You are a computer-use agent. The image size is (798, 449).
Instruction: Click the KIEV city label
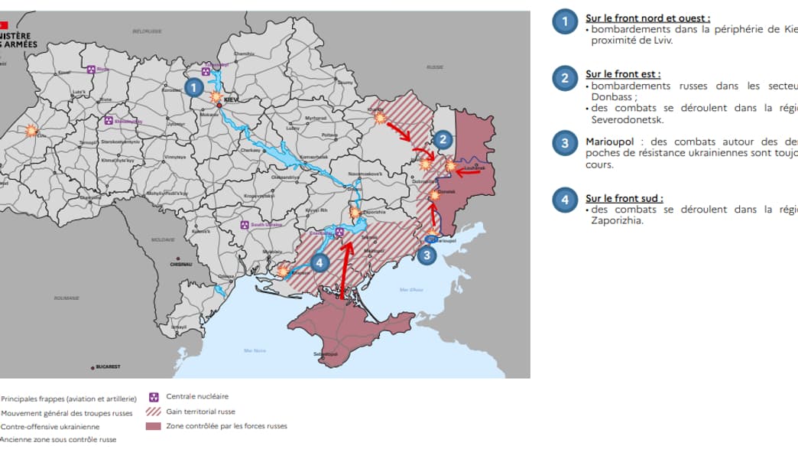[232, 99]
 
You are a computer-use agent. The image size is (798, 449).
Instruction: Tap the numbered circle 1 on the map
[194, 88]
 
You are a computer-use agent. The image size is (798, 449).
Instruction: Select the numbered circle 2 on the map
[443, 139]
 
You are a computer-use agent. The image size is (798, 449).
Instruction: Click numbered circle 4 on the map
[320, 262]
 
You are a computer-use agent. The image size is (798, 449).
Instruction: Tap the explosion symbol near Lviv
[31, 131]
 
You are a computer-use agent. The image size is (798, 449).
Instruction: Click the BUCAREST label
[108, 367]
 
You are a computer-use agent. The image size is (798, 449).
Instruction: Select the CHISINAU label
[181, 265]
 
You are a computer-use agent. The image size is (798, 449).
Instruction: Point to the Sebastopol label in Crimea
[326, 354]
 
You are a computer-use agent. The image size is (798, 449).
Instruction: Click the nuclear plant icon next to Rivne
[91, 70]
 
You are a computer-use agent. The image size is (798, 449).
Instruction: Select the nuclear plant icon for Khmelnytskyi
[109, 121]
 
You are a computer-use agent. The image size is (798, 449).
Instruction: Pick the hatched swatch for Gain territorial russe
[154, 412]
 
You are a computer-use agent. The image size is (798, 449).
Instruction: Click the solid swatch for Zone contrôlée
[154, 426]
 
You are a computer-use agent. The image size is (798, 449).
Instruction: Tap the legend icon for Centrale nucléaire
[154, 397]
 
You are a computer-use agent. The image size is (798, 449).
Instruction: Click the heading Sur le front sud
[624, 198]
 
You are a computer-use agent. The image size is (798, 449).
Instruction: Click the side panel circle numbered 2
[565, 78]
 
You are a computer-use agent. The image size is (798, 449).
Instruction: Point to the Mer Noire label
[255, 350]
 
